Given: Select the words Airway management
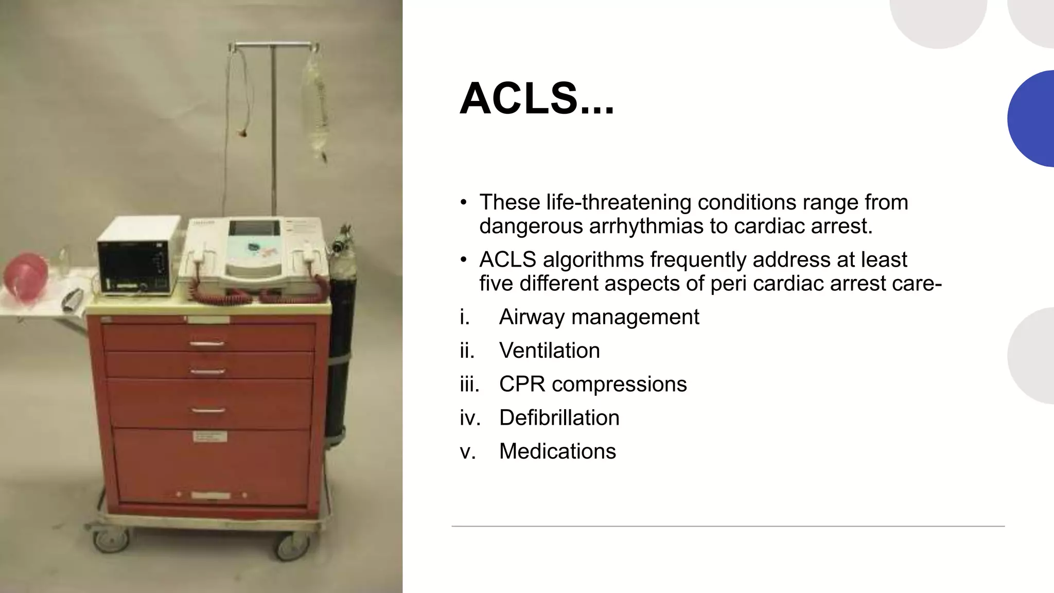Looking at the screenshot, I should tap(599, 317).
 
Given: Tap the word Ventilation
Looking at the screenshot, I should tap(549, 351).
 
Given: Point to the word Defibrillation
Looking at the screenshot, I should tap(559, 417).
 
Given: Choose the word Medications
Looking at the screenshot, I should tap(557, 451).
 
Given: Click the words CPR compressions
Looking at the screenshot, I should tap(592, 384).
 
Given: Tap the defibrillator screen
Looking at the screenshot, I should tap(253, 229).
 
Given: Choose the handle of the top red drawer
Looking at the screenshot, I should tap(207, 343).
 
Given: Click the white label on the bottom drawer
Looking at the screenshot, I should tap(209, 437).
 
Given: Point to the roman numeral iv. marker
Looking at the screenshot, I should tap(470, 417).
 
